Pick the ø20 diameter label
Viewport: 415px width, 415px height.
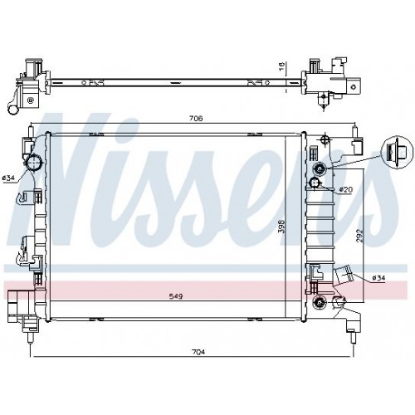346,190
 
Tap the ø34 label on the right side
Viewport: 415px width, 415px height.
378,277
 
